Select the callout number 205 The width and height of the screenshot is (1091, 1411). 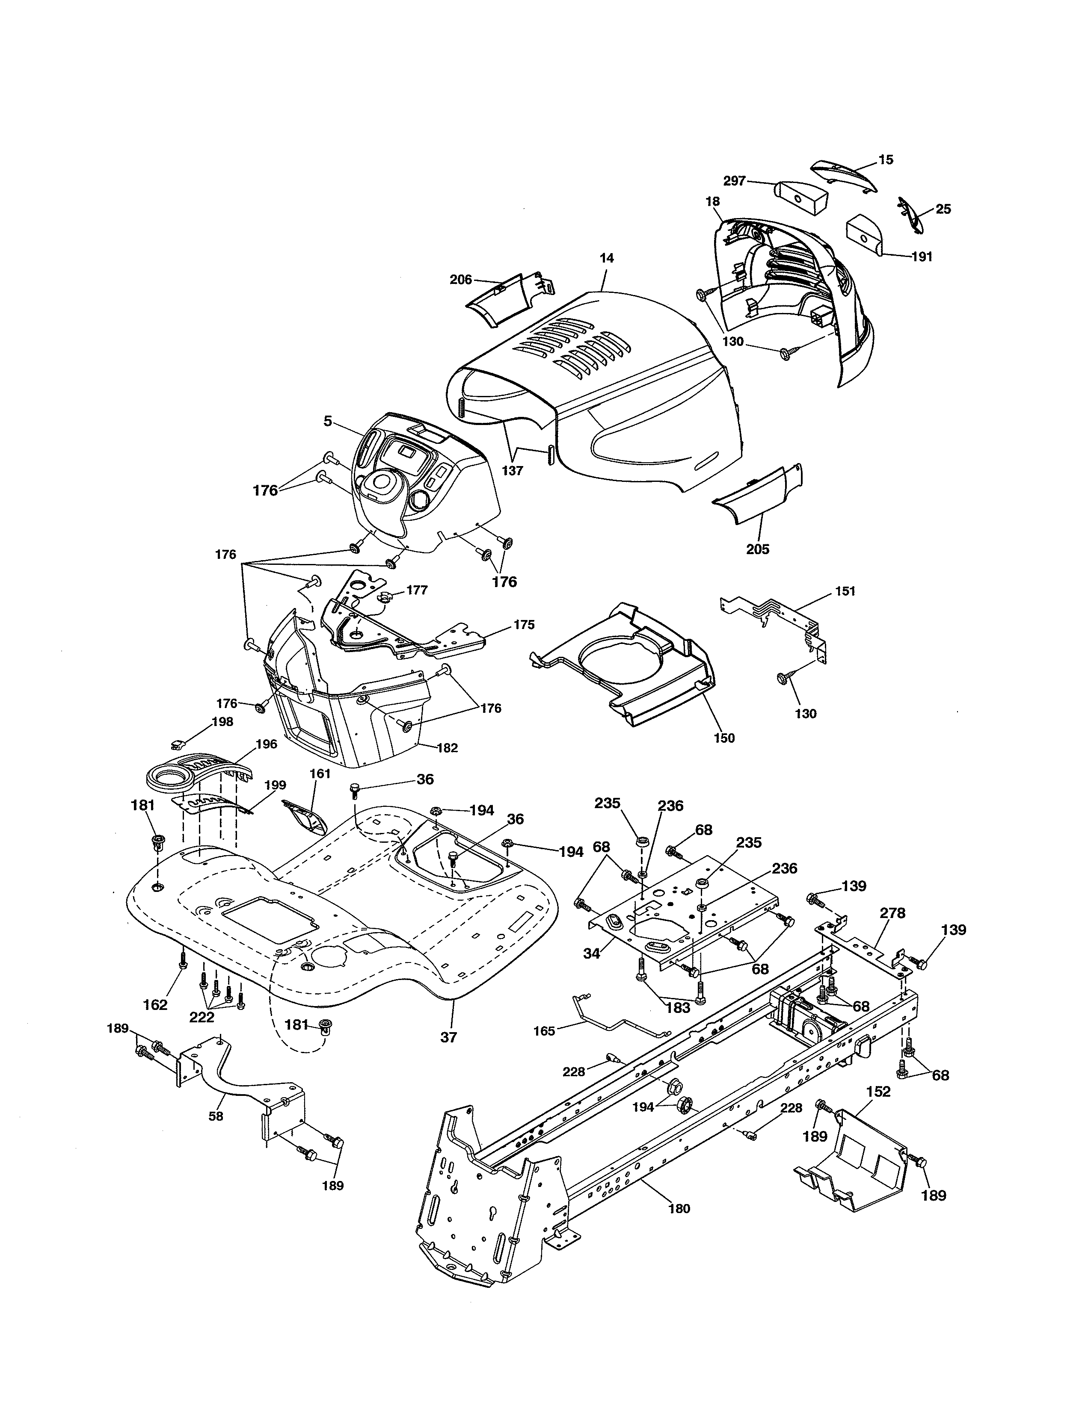click(757, 549)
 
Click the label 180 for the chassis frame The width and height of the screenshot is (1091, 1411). click(679, 1208)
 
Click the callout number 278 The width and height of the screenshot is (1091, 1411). click(892, 913)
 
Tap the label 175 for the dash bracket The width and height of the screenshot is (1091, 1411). click(524, 625)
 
